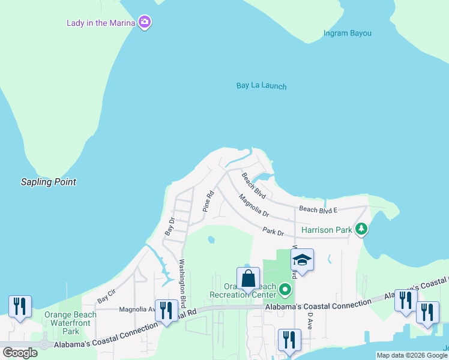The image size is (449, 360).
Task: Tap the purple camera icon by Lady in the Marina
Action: [144, 23]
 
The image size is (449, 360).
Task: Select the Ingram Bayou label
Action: [348, 33]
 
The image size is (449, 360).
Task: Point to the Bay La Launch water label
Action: [261, 86]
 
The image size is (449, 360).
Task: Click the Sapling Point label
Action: [49, 182]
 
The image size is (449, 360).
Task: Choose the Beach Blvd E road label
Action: [318, 209]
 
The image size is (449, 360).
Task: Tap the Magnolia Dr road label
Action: [253, 205]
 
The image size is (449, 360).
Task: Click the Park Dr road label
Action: [273, 232]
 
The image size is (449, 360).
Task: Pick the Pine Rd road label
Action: [208, 202]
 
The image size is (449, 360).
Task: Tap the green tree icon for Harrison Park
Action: [361, 229]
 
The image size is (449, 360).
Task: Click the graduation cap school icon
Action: [302, 259]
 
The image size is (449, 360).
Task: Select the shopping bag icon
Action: [248, 278]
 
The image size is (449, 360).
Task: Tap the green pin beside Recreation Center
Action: [285, 292]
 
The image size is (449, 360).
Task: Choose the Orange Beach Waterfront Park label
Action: [71, 323]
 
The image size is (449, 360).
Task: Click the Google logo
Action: [20, 352]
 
